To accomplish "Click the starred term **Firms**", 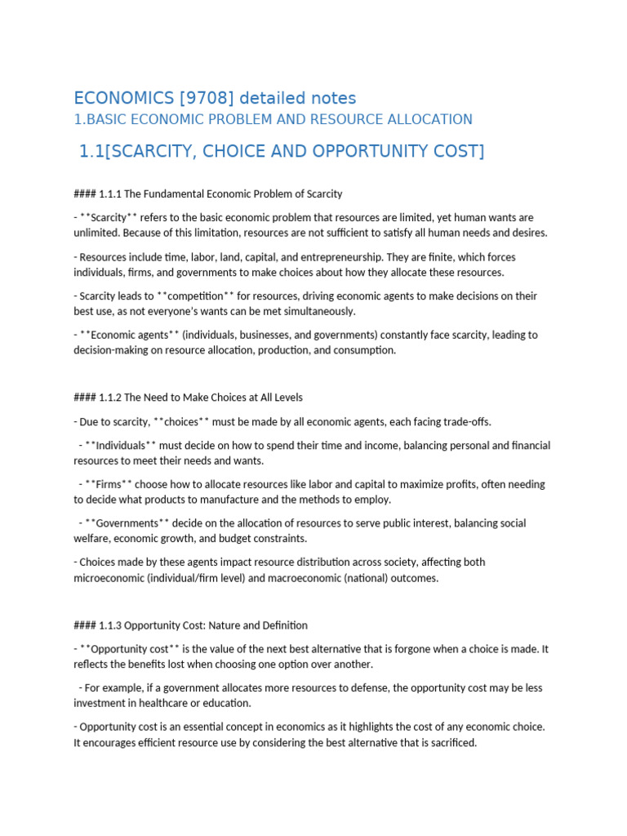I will [x=106, y=484].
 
